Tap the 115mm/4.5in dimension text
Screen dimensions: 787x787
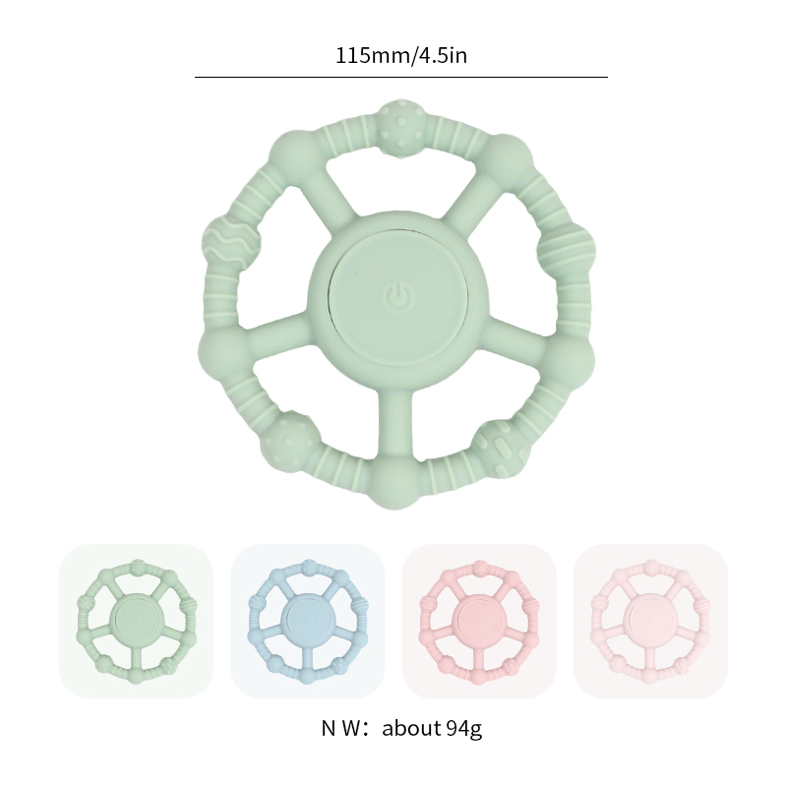click(401, 55)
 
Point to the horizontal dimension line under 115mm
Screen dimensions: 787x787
click(401, 78)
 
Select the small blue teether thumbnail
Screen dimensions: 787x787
click(307, 621)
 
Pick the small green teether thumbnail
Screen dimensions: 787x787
click(136, 621)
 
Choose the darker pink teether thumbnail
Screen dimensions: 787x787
click(479, 621)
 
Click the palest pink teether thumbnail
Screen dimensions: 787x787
click(650, 621)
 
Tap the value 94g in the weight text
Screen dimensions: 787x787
click(463, 728)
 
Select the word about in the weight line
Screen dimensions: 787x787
click(411, 728)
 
